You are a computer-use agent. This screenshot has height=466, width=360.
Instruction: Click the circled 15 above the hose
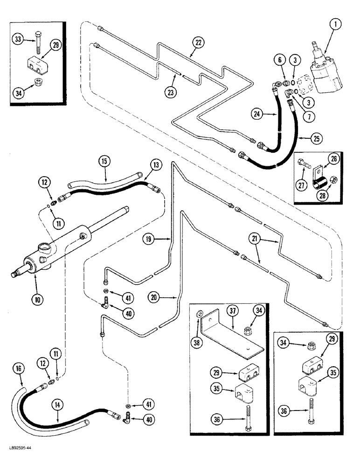(104, 163)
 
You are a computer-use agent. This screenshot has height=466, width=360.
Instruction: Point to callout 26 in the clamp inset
(333, 159)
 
